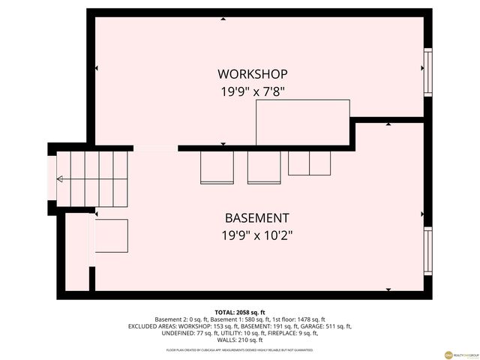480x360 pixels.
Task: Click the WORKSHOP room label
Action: pos(252,74)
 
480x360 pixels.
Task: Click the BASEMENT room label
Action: pos(256,218)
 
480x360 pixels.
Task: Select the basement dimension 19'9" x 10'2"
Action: pos(256,235)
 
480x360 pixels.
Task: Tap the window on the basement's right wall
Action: pos(428,251)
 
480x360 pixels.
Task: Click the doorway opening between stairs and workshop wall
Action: pos(155,148)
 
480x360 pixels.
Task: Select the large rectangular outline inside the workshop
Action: pos(303,122)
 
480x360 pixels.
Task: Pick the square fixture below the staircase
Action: pos(111,235)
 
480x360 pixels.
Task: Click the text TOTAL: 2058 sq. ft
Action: pos(240,312)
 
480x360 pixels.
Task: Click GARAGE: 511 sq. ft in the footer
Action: pos(325,326)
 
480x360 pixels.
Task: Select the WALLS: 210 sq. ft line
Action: pos(240,340)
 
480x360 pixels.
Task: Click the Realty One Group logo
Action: pos(449,354)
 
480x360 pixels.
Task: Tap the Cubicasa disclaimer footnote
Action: pos(240,349)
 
